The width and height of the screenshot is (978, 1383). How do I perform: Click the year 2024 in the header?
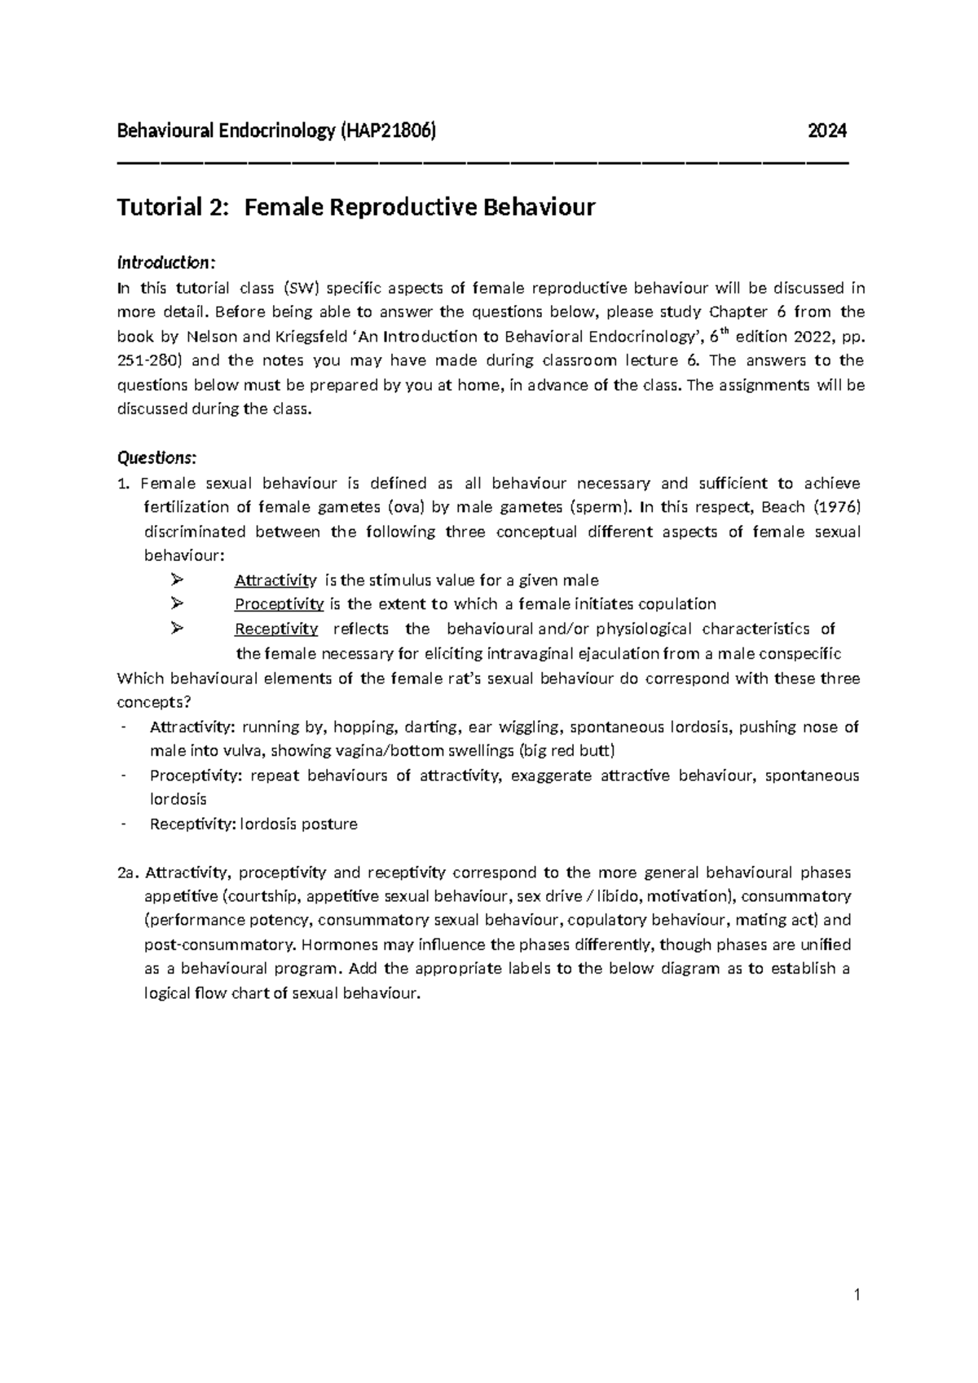[x=827, y=130]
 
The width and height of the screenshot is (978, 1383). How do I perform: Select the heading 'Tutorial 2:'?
[x=169, y=208]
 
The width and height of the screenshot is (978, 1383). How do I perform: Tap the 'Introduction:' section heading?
[x=166, y=263]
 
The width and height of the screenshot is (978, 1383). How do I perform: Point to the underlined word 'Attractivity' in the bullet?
[x=275, y=581]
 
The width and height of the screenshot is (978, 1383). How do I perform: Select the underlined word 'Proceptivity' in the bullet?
[x=279, y=604]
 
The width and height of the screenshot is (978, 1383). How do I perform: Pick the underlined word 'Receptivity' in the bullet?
[x=275, y=629]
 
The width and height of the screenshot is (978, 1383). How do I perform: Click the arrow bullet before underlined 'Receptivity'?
[x=178, y=629]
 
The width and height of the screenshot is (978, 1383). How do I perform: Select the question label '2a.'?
[x=128, y=873]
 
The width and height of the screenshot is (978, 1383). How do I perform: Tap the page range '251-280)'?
[x=145, y=360]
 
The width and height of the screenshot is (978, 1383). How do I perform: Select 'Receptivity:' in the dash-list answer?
[x=192, y=824]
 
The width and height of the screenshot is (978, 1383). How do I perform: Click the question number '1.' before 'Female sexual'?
[x=124, y=483]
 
